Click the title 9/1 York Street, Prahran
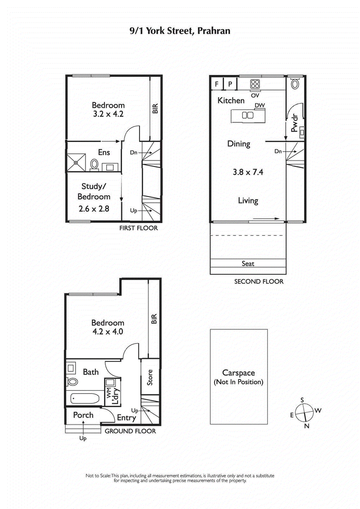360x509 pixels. pos(180,31)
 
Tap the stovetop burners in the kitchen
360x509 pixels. pos(255,85)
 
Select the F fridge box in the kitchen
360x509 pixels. pos(217,84)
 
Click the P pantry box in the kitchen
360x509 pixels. pos(229,84)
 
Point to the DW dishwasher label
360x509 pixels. pos(259,105)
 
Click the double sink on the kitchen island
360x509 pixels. pos(247,115)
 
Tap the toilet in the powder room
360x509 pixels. pos(295,84)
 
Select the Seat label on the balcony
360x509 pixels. pos(248,263)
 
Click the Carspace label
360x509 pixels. pos(238,373)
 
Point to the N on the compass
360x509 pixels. pos(307,426)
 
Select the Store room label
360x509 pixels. pos(150,378)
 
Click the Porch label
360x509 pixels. pos(83,415)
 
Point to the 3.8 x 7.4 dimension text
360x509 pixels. pos(247,171)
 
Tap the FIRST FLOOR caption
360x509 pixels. pos(138,228)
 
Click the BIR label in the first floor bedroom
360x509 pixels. pos(155,108)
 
